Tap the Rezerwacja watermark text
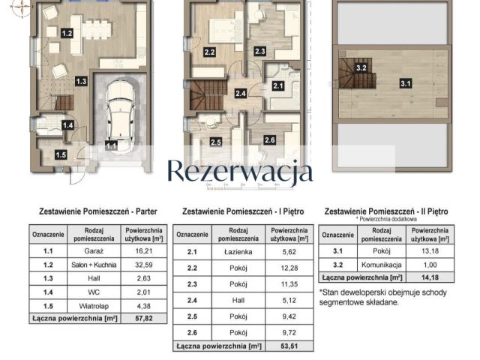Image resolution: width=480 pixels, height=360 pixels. click(239, 171)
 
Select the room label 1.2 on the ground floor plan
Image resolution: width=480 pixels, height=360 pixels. click(67, 34)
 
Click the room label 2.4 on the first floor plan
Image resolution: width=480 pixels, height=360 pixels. click(240, 94)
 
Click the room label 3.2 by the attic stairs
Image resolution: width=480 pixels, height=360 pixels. click(361, 67)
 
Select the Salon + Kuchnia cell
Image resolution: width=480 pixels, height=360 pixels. click(93, 270)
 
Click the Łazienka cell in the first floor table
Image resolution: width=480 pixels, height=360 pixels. click(238, 252)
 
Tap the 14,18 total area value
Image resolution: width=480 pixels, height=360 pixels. click(430, 278)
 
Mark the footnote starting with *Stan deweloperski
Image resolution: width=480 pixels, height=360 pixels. click(384, 298)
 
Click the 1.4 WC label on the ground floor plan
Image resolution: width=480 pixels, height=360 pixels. click(67, 126)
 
